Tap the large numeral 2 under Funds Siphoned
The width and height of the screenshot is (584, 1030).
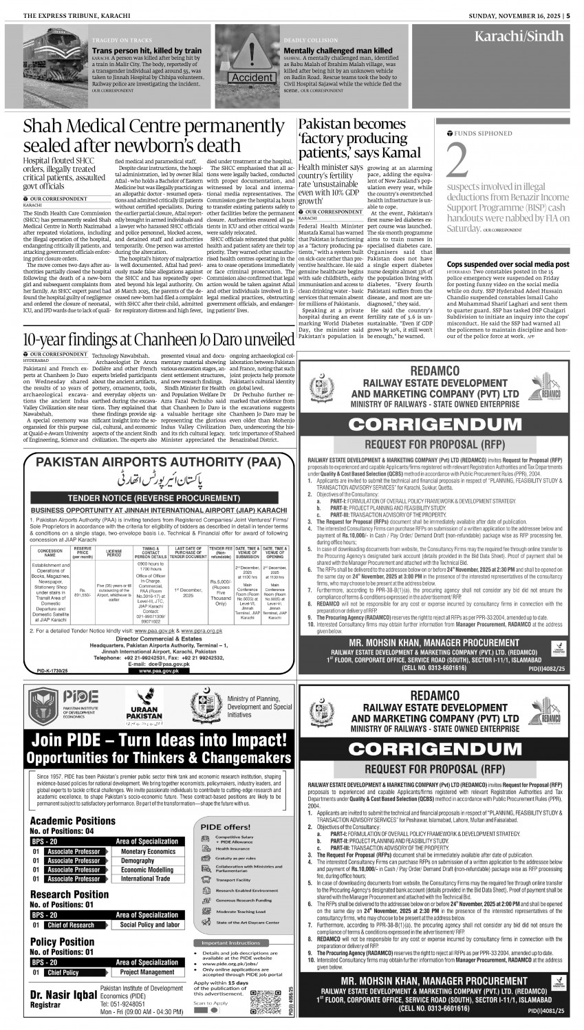[459, 160]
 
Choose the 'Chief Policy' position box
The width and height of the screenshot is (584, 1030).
[63, 972]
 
